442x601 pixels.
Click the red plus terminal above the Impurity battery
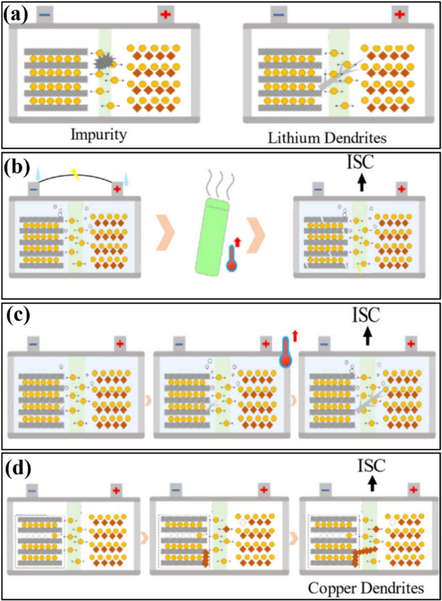coord(166,14)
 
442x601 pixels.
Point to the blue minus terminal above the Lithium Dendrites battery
coord(278,14)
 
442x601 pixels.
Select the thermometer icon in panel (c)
coord(286,351)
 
